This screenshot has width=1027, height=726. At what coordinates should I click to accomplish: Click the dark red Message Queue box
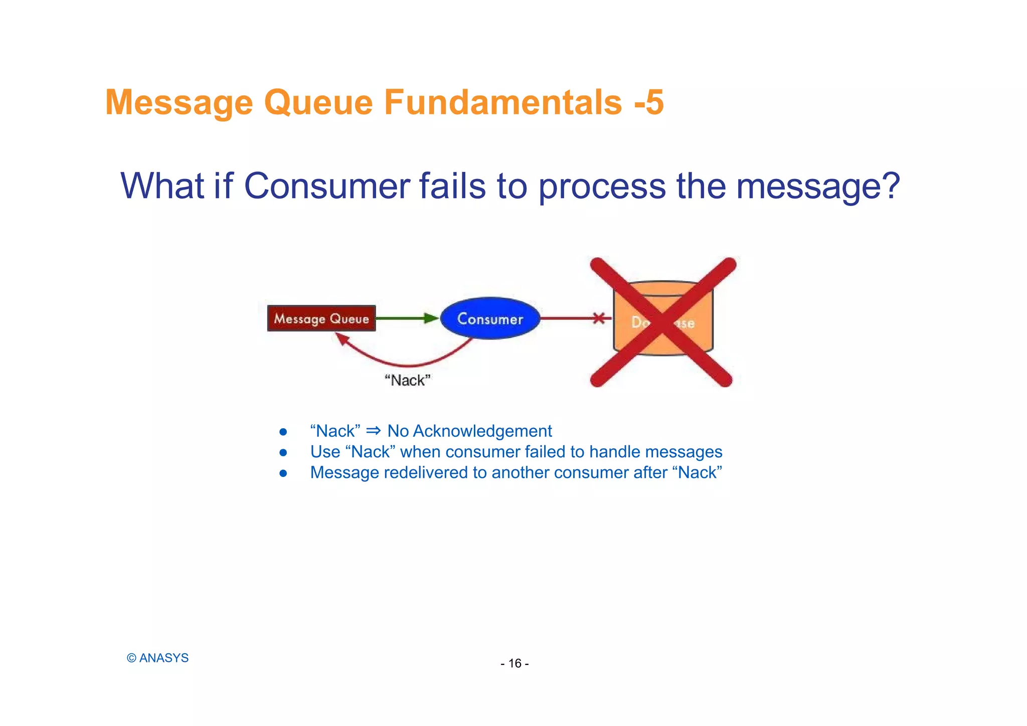321,318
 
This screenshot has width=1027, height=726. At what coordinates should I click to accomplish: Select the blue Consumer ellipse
490,318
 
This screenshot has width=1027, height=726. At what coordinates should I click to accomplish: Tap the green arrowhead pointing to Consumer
431,318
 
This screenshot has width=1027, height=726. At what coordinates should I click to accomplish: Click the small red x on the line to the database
599,318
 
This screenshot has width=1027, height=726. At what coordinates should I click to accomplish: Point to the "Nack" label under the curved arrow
408,381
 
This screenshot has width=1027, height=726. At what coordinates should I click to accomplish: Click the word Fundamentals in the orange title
503,102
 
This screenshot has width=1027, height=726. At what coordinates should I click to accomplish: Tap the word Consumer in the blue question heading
326,186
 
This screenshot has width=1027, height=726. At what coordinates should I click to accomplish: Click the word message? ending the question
818,186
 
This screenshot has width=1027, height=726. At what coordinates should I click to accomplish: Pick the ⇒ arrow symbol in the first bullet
374,431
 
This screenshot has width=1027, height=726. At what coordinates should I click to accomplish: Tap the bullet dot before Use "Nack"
283,452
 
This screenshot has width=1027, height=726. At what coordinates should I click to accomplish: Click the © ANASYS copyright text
157,658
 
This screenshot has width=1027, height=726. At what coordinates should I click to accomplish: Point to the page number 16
515,663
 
